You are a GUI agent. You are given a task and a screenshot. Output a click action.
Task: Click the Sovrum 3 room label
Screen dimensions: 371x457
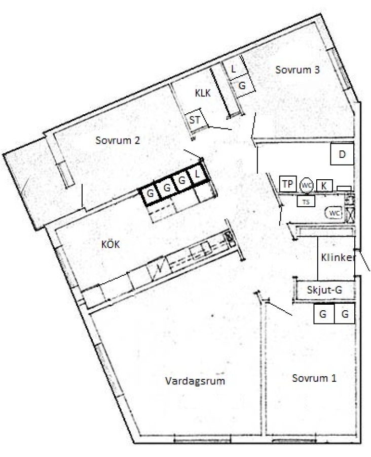(298, 70)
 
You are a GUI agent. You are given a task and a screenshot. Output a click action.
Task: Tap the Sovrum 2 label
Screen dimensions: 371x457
(118, 140)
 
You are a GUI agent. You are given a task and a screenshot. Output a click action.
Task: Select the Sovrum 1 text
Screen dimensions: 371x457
(314, 378)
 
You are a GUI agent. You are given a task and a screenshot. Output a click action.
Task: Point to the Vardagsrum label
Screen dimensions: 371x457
(195, 381)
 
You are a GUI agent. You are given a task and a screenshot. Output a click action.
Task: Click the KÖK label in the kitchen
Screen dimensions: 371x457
(110, 244)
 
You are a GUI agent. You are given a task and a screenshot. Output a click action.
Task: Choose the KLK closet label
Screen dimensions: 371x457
(203, 93)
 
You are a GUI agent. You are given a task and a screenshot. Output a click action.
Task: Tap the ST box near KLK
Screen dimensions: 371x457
(196, 119)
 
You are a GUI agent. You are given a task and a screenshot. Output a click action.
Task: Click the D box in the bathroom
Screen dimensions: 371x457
(342, 153)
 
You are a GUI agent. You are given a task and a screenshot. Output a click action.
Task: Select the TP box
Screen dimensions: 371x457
(288, 184)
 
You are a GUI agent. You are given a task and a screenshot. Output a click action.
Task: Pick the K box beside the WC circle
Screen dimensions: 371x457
(324, 186)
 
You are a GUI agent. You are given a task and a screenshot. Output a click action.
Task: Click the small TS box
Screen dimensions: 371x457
(306, 202)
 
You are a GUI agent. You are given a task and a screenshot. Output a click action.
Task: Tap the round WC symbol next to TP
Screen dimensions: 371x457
(306, 185)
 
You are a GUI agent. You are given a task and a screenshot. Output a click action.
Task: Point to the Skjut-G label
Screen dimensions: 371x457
(324, 290)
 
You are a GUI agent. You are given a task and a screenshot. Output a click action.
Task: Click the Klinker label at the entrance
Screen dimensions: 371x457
(339, 257)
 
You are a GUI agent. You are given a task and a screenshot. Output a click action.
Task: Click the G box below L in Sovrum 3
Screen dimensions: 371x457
(242, 86)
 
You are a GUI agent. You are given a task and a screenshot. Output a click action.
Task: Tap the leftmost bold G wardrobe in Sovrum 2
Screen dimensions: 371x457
(150, 193)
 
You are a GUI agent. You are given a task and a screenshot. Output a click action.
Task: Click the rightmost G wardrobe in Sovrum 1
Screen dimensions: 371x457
(345, 314)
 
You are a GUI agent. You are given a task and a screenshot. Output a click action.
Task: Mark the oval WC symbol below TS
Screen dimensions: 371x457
(335, 213)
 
